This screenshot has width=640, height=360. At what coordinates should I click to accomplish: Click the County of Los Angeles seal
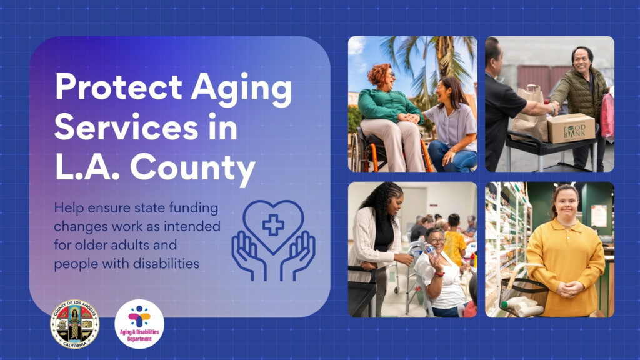click(74, 324)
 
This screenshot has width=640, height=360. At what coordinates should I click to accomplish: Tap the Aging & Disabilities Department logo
click(139, 324)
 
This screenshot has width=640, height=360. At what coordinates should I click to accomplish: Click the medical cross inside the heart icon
click(273, 224)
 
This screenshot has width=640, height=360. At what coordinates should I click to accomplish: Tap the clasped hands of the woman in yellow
click(568, 289)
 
